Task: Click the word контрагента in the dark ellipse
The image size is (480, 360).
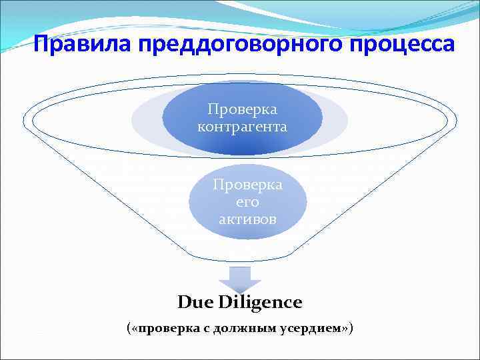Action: click(x=243, y=126)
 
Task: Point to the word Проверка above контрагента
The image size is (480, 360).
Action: click(x=243, y=109)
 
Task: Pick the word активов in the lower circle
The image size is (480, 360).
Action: click(x=247, y=219)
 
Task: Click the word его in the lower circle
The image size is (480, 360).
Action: click(x=247, y=202)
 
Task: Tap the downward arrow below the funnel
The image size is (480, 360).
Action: click(x=239, y=277)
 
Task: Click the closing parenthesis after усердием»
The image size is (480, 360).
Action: click(x=351, y=329)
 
